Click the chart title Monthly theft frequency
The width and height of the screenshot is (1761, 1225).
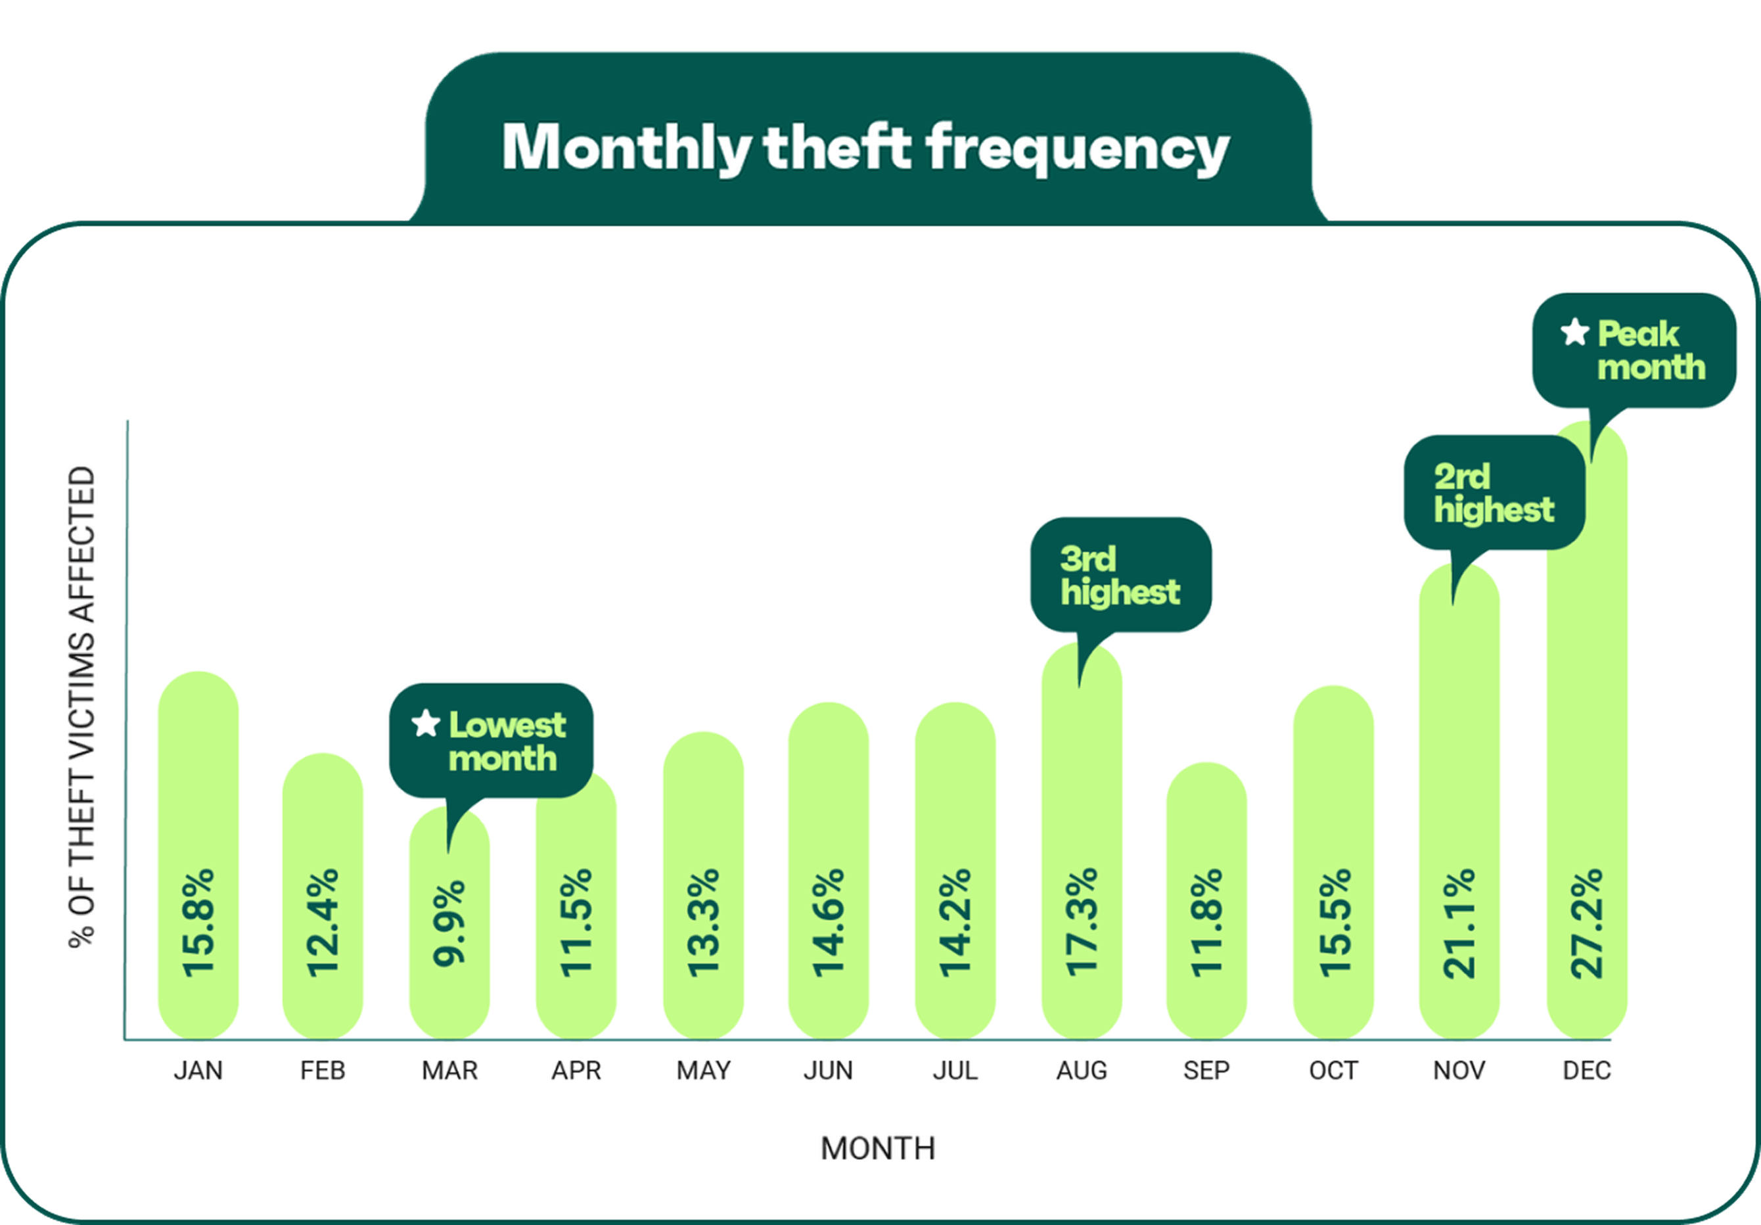coord(866,147)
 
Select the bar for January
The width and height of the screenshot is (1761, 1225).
coord(198,854)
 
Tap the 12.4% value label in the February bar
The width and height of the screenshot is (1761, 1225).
coord(323,923)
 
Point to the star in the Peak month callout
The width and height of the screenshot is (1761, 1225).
coord(1574,332)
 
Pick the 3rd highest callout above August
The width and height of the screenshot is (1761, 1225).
coord(1120,575)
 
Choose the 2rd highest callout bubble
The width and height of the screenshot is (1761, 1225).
coord(1494,492)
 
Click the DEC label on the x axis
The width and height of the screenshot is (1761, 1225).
coord(1587,1071)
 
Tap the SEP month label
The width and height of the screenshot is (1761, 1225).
coord(1206,1071)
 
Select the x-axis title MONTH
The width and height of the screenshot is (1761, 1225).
coord(878,1149)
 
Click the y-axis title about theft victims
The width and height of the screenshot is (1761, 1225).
coord(82,706)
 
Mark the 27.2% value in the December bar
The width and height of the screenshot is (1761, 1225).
coord(1587,923)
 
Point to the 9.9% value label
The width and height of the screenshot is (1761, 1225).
coord(449,923)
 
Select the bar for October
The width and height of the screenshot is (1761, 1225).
coord(1333,862)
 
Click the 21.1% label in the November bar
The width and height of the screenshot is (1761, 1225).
coord(1459,923)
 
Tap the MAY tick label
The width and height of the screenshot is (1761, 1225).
coord(703,1071)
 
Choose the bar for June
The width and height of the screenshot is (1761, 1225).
coord(829,871)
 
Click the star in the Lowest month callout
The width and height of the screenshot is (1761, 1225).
coord(426,722)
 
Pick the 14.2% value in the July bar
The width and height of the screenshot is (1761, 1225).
coord(955,923)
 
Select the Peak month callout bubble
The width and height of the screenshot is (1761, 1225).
coord(1634,350)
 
